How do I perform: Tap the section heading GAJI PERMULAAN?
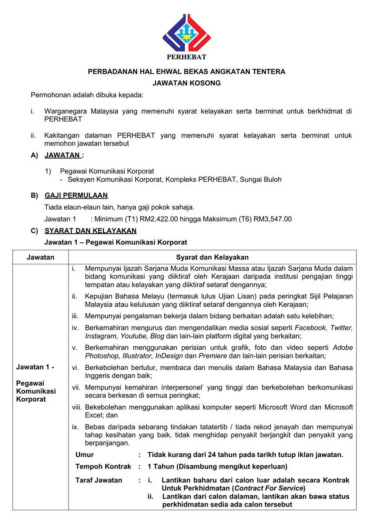(76, 195)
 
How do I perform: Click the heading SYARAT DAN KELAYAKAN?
(90, 231)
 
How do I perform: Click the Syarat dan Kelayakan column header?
(212, 257)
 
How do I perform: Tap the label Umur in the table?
(85, 455)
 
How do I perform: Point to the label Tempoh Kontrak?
(103, 466)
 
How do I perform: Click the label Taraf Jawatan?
(99, 480)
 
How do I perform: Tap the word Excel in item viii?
(94, 415)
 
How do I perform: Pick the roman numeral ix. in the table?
(75, 427)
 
